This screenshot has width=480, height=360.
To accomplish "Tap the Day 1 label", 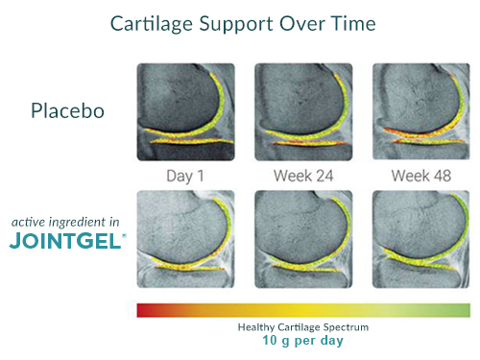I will click(185, 176).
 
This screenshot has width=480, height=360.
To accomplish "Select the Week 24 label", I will click(303, 176).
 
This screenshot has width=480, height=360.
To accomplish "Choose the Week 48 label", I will click(420, 176).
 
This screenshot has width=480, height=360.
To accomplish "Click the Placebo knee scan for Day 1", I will click(185, 111).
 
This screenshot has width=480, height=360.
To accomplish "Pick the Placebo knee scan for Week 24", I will click(302, 111).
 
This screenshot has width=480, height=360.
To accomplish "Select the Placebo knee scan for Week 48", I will click(420, 111).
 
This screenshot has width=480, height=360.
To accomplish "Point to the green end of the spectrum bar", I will click(464, 309).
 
